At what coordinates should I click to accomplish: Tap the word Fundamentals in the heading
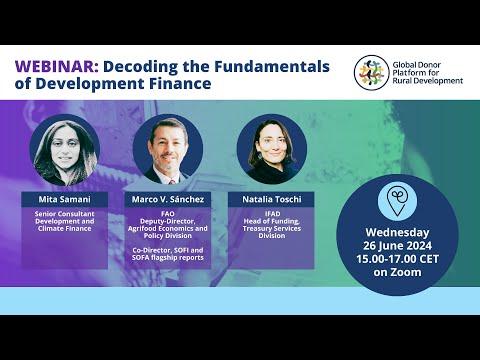pyautogui.click(x=272, y=66)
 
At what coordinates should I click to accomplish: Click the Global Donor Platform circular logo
pyautogui.click(x=371, y=72)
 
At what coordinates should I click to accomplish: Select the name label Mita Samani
pyautogui.click(x=65, y=199)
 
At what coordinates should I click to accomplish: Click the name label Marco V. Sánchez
pyautogui.click(x=168, y=199)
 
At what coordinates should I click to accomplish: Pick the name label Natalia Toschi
pyautogui.click(x=272, y=199)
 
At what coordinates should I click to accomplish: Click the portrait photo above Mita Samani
pyautogui.click(x=65, y=151)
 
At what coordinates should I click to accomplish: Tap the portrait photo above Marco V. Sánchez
pyautogui.click(x=168, y=149)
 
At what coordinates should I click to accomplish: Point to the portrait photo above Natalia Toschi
pyautogui.click(x=272, y=149)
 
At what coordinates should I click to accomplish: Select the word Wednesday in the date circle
pyautogui.click(x=397, y=232)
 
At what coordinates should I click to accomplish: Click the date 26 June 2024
pyautogui.click(x=397, y=246)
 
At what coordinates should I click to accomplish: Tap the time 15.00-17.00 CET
pyautogui.click(x=397, y=259)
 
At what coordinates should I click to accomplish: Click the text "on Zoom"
pyautogui.click(x=397, y=272)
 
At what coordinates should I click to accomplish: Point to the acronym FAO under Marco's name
pyautogui.click(x=168, y=214)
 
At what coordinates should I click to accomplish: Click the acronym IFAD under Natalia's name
pyautogui.click(x=272, y=214)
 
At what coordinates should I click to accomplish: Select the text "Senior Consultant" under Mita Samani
pyautogui.click(x=65, y=214)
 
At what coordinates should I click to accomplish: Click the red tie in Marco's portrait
pyautogui.click(x=172, y=182)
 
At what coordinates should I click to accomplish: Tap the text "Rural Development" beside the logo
pyautogui.click(x=428, y=81)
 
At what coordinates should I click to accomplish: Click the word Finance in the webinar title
pyautogui.click(x=180, y=83)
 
